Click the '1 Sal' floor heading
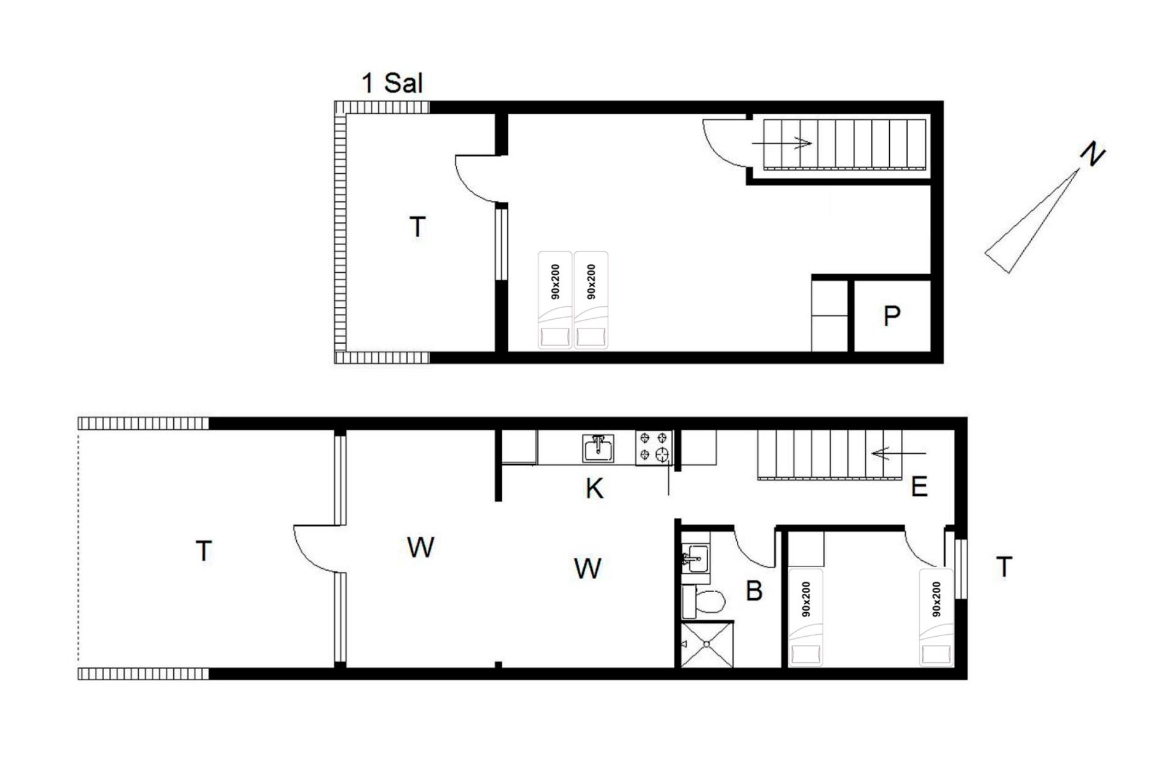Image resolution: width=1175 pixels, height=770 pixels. pos(392,83)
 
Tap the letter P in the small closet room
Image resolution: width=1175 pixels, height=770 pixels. pos(892,316)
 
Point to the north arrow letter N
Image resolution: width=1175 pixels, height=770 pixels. pos(1092,154)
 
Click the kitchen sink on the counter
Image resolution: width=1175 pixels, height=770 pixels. pos(598,448)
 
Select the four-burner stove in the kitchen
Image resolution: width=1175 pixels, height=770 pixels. pos(654,447)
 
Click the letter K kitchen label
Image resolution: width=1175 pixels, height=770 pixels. pos(594,489)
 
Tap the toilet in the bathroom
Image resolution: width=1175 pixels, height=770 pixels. pos(704,601)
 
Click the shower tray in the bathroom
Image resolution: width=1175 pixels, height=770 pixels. pos(707,644)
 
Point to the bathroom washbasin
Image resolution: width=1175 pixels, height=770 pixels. pos(696,558)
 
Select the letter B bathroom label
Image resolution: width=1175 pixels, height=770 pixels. pos(754,591)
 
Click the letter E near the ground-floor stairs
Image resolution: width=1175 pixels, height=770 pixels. pos(919,487)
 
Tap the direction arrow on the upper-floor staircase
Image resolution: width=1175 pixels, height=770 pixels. pos(781,143)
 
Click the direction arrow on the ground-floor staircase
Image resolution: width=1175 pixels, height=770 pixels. pos(898,454)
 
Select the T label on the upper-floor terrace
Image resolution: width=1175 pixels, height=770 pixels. pos(417,227)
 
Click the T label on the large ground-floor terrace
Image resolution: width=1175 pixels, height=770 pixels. pos(204,551)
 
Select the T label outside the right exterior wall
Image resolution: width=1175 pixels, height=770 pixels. pos(1004,567)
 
